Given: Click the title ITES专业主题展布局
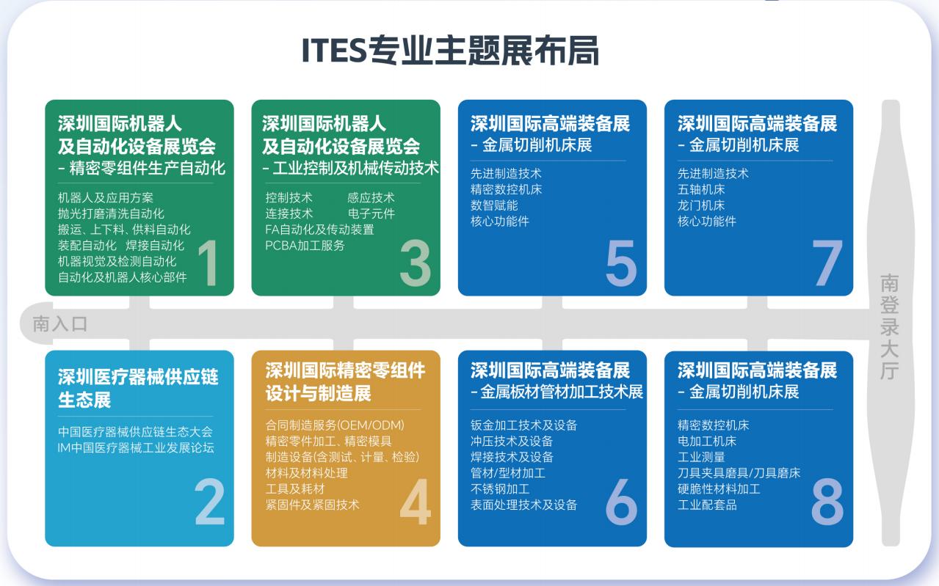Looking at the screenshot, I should pos(451,51).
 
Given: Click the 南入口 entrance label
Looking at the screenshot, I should pos(59,323).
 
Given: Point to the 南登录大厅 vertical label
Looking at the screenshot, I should pos(889,326).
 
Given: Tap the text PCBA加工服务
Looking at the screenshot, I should pos(305,246).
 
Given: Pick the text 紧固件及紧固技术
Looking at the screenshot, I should pos(312,505).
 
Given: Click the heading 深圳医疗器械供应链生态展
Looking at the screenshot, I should pos(138,389).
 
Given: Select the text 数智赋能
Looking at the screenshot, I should pos(494,205).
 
